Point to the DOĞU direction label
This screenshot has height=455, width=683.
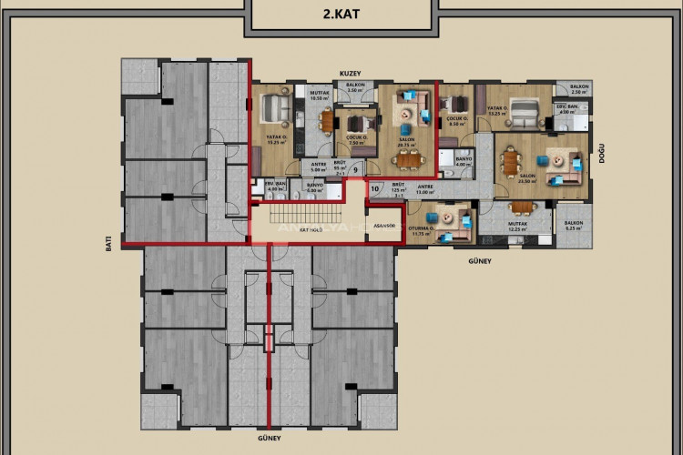click(x=602, y=157)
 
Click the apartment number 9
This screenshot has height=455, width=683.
click(x=354, y=168)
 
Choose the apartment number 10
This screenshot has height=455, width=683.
click(x=376, y=188)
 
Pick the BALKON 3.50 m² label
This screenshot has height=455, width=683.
click(x=355, y=87)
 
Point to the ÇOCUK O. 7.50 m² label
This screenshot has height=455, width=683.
click(x=356, y=139)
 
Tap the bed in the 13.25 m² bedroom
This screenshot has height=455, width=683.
click(x=522, y=112)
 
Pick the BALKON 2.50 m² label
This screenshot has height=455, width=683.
click(x=579, y=90)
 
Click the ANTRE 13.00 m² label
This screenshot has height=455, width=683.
click(x=426, y=189)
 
